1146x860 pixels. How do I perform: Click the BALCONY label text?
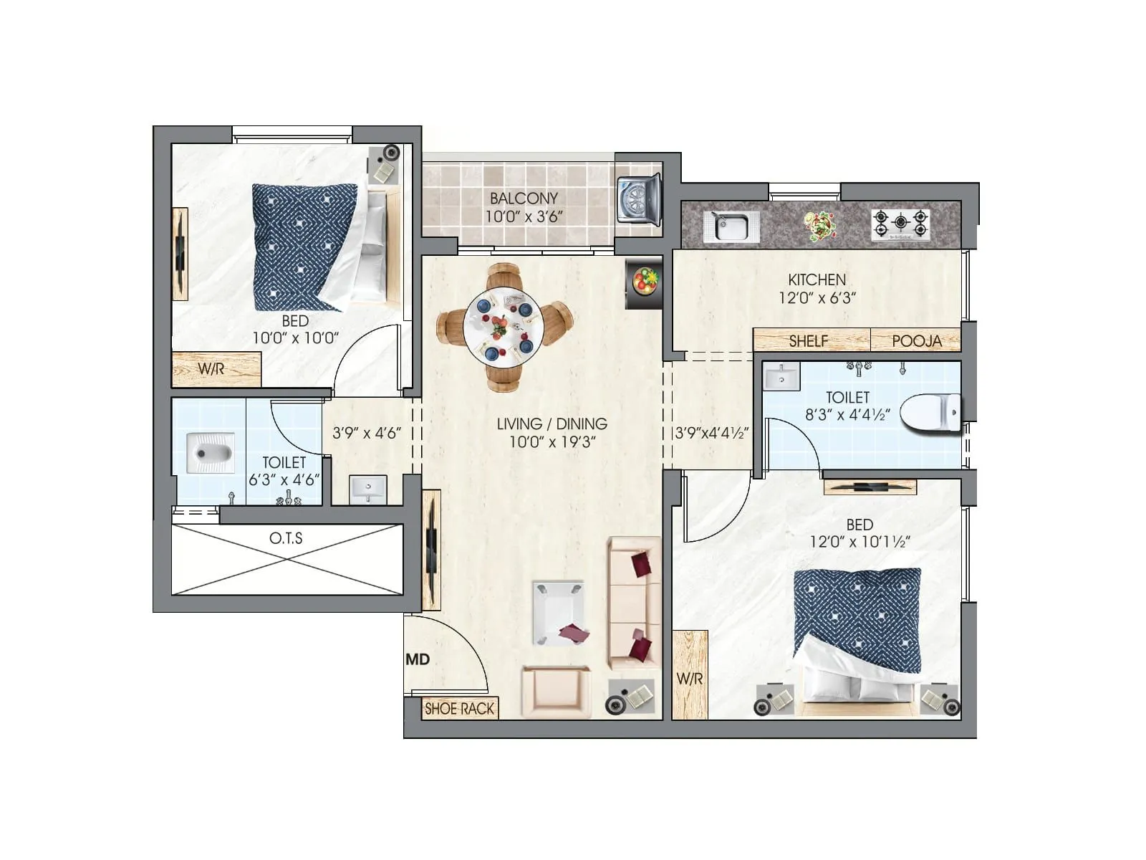click(x=524, y=199)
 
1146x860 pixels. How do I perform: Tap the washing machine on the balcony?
click(x=638, y=201)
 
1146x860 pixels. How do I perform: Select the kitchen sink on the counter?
click(x=730, y=226)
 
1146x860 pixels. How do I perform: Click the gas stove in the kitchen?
click(x=900, y=224)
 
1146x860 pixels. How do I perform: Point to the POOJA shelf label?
click(x=916, y=341)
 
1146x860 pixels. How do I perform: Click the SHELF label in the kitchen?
click(x=808, y=341)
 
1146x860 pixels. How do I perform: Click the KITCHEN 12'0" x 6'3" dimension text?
click(x=817, y=289)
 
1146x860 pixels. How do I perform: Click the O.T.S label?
click(x=286, y=538)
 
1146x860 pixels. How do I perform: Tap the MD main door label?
click(x=418, y=659)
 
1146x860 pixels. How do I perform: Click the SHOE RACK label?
click(x=459, y=709)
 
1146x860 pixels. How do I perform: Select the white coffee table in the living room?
click(x=558, y=613)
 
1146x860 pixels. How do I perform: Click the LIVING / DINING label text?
click(x=552, y=424)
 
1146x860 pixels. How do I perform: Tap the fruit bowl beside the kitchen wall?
click(x=644, y=281)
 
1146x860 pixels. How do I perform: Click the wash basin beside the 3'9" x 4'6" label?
click(x=368, y=489)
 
